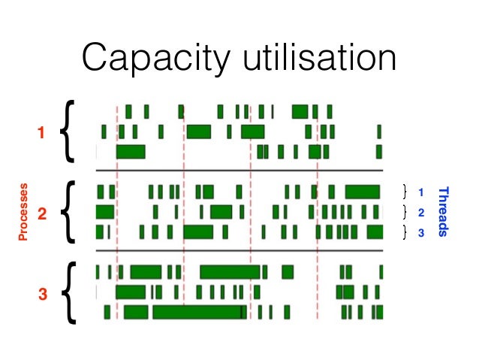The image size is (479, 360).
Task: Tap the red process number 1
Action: tap(41, 133)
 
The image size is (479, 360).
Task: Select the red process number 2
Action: tap(42, 214)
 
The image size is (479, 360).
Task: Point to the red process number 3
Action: tap(42, 295)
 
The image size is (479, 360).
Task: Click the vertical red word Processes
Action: tap(23, 212)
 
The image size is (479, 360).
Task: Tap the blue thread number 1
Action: tap(421, 192)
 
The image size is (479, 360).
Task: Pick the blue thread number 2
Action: tap(421, 212)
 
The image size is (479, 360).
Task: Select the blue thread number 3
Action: tap(421, 232)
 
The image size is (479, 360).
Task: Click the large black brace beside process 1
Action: tap(67, 132)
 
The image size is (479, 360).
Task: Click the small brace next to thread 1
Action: tap(405, 191)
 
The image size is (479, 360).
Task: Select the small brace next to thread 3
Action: tap(405, 232)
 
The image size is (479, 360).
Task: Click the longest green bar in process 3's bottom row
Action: tap(198, 312)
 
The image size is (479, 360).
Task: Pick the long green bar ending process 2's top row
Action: tap(363, 191)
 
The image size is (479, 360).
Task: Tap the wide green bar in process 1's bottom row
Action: tap(131, 151)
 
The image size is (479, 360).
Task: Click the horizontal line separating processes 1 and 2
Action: tap(239, 171)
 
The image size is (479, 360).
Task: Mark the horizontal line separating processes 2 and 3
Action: tap(239, 250)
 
